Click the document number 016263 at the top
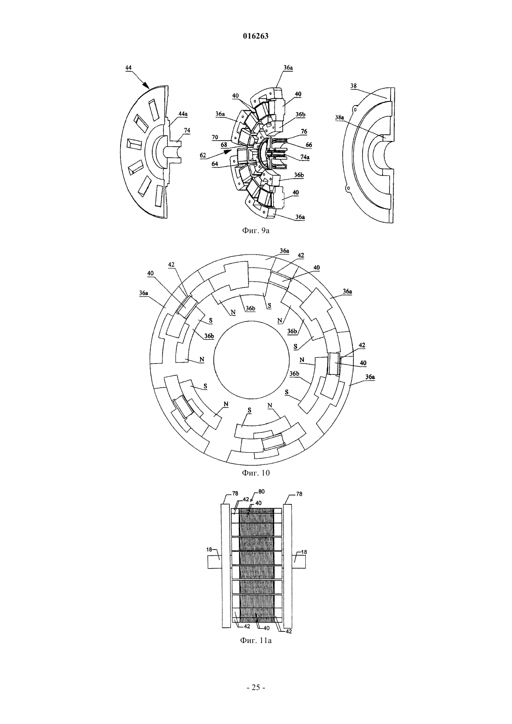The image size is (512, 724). (x=256, y=36)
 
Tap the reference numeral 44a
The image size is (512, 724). (x=182, y=114)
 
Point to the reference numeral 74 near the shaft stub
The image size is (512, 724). (x=187, y=131)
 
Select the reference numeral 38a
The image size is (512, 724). (x=339, y=117)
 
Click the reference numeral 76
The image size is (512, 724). (x=304, y=132)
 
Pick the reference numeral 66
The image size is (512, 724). (x=309, y=145)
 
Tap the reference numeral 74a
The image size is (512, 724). (x=304, y=157)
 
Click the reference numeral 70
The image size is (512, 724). (x=215, y=137)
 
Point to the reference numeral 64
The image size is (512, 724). (x=215, y=164)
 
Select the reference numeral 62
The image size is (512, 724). (x=203, y=155)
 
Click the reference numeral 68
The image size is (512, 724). (x=224, y=145)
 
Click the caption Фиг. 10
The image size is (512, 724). (x=256, y=473)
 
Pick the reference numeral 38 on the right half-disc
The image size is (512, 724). (x=353, y=86)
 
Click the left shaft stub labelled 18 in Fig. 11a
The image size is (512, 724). (x=215, y=562)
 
